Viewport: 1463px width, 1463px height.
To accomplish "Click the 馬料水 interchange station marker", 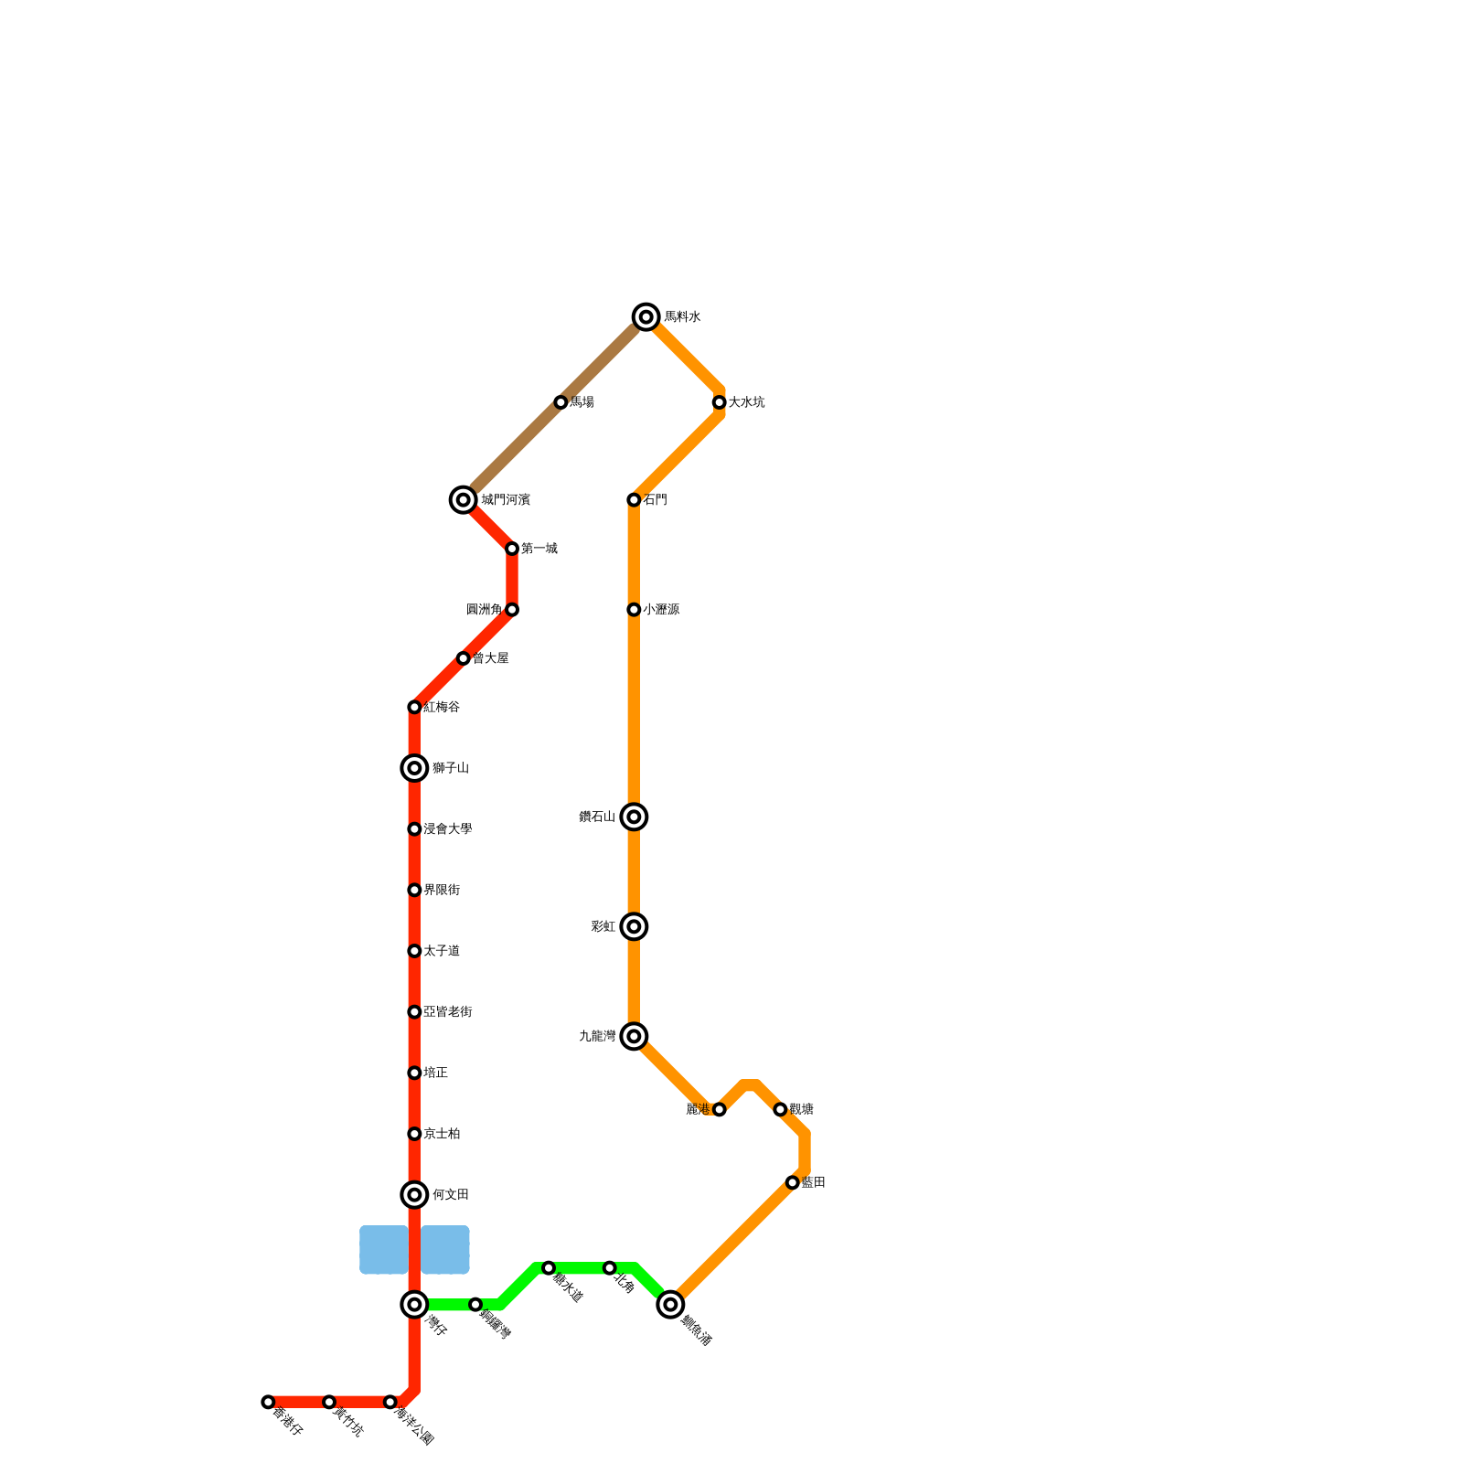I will click(x=646, y=317).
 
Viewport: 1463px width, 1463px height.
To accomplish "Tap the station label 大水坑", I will click(x=746, y=402).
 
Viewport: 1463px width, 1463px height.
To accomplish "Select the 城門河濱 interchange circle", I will click(x=464, y=500).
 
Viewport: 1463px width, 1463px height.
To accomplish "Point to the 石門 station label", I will click(x=655, y=500).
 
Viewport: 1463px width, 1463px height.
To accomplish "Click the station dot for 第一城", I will click(x=512, y=549).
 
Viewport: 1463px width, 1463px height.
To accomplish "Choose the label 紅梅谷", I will click(x=442, y=707).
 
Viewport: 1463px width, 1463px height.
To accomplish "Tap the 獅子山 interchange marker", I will click(x=414, y=768).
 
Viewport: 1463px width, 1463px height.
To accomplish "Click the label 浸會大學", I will click(x=447, y=829).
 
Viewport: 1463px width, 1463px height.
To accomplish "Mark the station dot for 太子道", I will click(x=414, y=951).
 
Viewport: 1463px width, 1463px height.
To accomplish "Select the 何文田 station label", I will click(x=450, y=1195).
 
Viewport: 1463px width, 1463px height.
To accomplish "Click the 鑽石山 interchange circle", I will click(x=634, y=817).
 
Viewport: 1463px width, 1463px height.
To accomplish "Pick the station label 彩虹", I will click(x=603, y=926).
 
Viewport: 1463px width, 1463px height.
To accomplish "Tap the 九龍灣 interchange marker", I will click(x=634, y=1036).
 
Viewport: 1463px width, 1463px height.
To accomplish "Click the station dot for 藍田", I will click(x=793, y=1182).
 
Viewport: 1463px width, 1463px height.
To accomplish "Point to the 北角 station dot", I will click(x=610, y=1268).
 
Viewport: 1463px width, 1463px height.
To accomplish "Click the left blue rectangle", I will click(x=384, y=1250).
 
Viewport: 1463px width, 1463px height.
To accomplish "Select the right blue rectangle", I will click(x=445, y=1250).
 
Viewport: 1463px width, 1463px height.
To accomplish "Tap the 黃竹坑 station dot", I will click(x=329, y=1402).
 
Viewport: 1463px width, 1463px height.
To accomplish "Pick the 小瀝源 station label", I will click(x=660, y=610).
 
